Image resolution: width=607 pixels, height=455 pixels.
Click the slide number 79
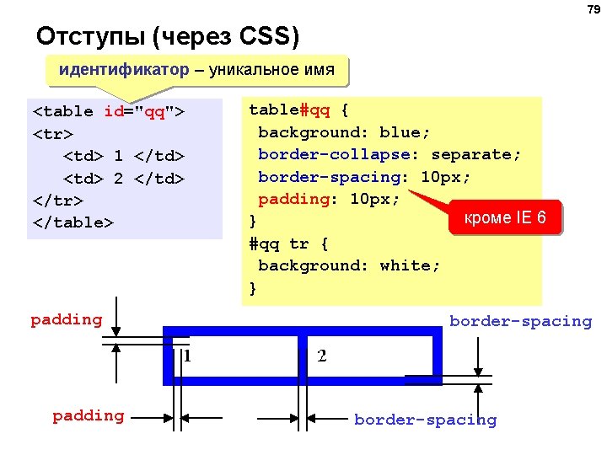point(593,9)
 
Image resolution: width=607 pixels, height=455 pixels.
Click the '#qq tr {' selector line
point(288,244)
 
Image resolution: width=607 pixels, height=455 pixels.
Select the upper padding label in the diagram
point(66,319)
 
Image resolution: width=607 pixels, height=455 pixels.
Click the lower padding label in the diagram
point(88,415)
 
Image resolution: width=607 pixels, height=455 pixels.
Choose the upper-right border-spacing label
point(520,321)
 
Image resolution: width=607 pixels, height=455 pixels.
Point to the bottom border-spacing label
point(425,420)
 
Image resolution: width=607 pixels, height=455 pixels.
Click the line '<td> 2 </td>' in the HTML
point(124,179)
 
